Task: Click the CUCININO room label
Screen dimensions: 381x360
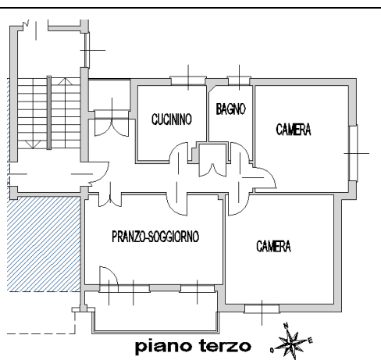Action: click(x=172, y=119)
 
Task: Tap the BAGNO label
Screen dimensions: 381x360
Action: click(x=230, y=109)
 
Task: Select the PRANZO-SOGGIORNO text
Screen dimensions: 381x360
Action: click(x=155, y=237)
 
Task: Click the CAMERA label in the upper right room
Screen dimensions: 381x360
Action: click(x=294, y=130)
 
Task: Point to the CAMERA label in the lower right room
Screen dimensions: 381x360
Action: click(x=273, y=246)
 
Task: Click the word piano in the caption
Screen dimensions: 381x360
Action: click(x=164, y=347)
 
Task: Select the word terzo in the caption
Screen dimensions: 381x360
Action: click(x=226, y=346)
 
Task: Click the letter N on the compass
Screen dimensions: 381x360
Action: click(x=286, y=325)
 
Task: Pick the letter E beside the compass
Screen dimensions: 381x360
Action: click(x=310, y=340)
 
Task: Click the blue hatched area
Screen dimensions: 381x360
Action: click(x=44, y=244)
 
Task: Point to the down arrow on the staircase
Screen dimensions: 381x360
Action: click(x=33, y=144)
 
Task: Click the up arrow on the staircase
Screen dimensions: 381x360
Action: click(x=65, y=81)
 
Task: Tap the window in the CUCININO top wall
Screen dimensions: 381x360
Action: click(x=188, y=80)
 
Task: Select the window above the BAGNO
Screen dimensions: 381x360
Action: click(x=239, y=80)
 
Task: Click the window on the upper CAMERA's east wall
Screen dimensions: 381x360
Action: click(x=353, y=153)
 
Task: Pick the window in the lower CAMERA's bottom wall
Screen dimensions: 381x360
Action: click(x=262, y=308)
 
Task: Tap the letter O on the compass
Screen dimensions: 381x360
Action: click(x=272, y=351)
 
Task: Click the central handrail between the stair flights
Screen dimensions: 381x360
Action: click(x=48, y=112)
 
